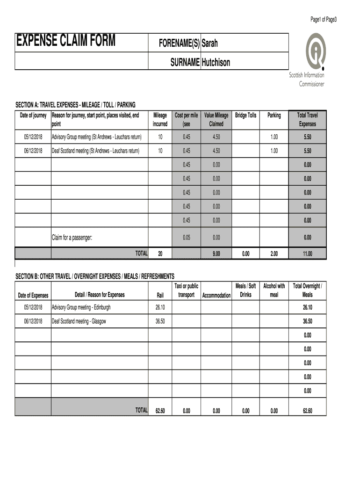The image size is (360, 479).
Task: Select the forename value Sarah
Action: coord(209,44)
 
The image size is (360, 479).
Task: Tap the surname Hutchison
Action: coord(216,62)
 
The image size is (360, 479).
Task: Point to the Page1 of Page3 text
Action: coord(324,19)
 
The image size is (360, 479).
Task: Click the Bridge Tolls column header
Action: coord(245,115)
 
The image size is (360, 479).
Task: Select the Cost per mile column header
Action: coord(187,119)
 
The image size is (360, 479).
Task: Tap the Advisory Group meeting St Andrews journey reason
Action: coord(96,137)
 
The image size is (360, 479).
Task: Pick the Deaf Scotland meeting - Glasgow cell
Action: coord(79,321)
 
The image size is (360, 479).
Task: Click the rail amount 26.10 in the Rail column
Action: coord(160,307)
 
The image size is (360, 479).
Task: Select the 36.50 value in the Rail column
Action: coord(160,321)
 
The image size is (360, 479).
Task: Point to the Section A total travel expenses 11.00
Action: coord(307,254)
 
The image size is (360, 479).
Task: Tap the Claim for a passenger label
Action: coord(72,238)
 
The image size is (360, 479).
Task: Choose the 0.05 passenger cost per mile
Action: coord(187,238)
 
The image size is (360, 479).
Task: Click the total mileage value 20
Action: coord(160,254)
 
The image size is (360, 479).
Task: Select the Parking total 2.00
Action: coord(274,254)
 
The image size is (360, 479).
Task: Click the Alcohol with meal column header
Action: coord(274,290)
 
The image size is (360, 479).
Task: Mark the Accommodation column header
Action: coord(216,295)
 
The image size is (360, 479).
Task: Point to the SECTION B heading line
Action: coord(95,276)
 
